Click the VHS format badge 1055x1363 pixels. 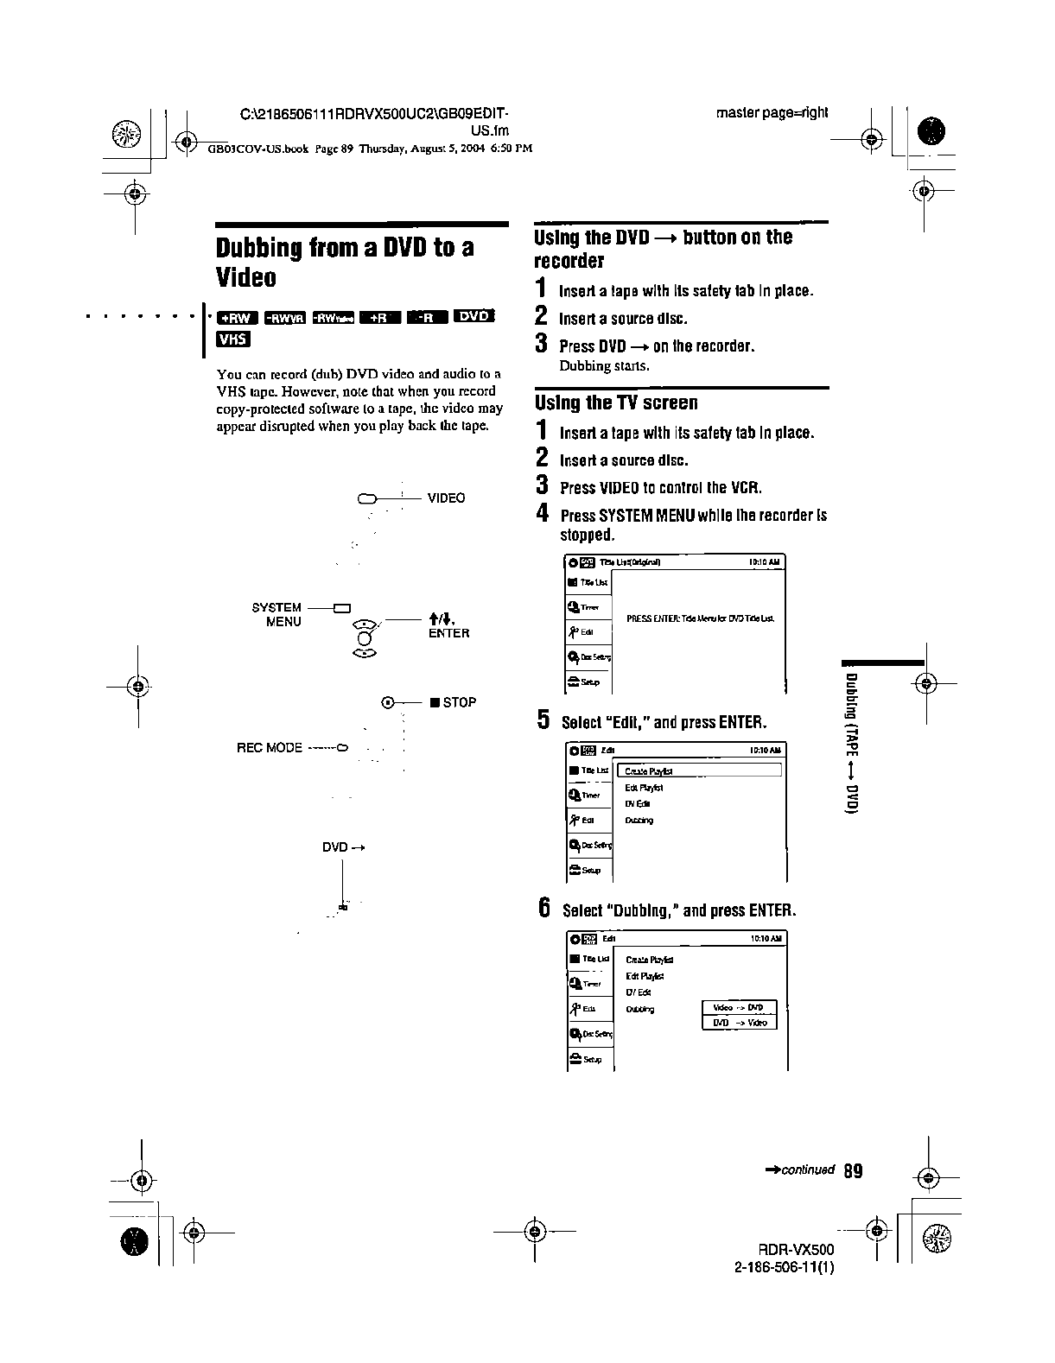tap(232, 339)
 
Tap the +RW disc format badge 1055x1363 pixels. tap(236, 316)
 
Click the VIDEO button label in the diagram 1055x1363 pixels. tap(446, 498)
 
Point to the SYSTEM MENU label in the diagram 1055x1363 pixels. tap(276, 614)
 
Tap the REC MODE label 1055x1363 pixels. tap(270, 747)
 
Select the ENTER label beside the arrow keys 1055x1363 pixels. tap(448, 633)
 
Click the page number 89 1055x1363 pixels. tap(853, 1171)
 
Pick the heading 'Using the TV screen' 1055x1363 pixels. tap(616, 403)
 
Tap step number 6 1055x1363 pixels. tap(544, 908)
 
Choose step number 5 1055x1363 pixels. tap(543, 720)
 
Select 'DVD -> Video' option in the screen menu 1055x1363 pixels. tap(740, 1023)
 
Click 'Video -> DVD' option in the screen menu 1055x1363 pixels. tap(740, 1007)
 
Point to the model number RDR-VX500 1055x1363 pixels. tap(796, 1250)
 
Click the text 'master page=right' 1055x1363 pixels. tap(772, 113)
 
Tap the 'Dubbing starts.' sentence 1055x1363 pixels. tap(605, 365)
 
